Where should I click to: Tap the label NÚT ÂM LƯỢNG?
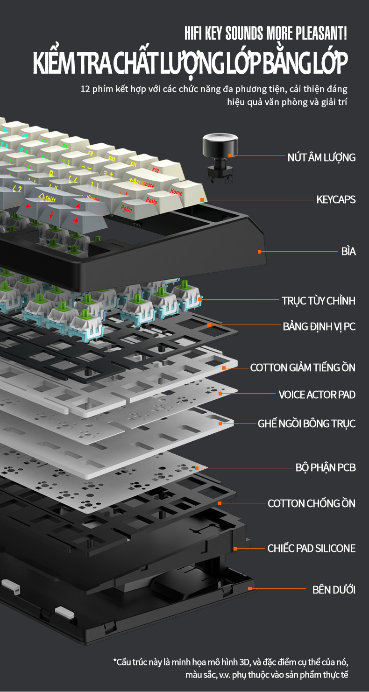[x=321, y=157]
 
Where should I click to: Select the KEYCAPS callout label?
[x=336, y=200]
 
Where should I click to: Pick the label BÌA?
[x=348, y=252]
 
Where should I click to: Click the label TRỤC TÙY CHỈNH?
[x=319, y=301]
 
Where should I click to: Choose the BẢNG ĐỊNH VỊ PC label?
[x=319, y=326]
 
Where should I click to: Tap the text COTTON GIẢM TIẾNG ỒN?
[x=303, y=367]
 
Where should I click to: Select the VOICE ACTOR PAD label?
[x=317, y=395]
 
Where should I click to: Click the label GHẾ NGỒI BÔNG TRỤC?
[x=306, y=424]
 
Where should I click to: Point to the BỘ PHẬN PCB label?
[x=326, y=467]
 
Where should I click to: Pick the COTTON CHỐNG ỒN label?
[x=312, y=503]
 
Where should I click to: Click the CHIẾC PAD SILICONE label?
[x=312, y=548]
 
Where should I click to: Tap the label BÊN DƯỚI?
[x=334, y=590]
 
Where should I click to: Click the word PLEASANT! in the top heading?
[x=321, y=34]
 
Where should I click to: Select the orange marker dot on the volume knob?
[x=230, y=155]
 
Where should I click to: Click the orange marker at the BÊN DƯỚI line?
[x=250, y=589]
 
